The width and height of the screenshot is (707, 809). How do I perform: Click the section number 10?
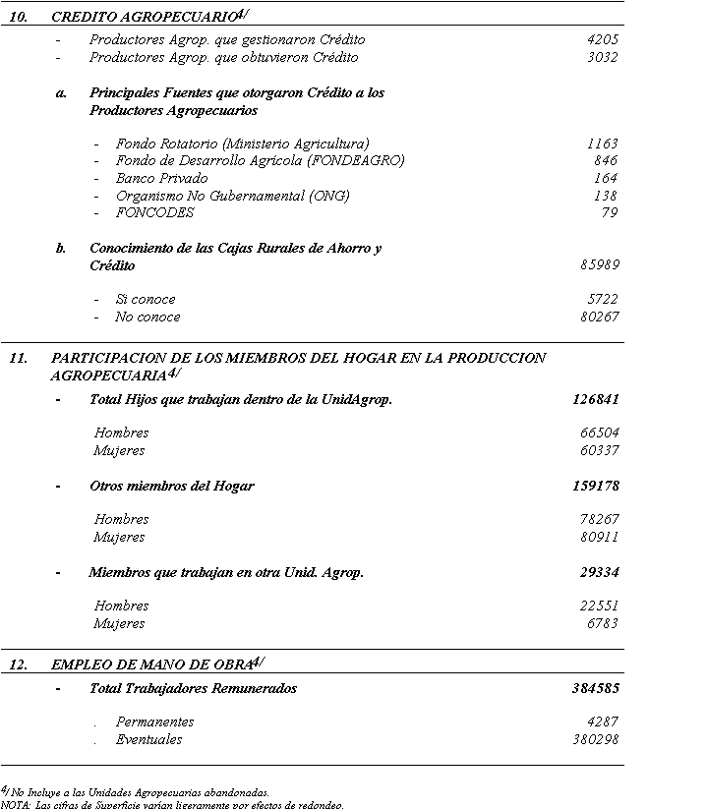(x=18, y=17)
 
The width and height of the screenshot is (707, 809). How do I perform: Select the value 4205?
(x=602, y=40)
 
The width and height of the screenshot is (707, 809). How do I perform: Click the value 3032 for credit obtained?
(x=602, y=58)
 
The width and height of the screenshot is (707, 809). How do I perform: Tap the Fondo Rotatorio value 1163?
(x=602, y=144)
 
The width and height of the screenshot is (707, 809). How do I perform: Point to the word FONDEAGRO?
(x=355, y=161)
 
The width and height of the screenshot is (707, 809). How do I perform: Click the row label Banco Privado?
(x=161, y=179)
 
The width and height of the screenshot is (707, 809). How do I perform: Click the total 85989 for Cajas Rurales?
(x=599, y=265)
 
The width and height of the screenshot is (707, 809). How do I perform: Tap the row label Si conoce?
(x=146, y=300)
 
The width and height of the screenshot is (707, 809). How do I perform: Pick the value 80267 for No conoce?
(x=599, y=318)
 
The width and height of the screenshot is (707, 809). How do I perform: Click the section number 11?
(x=18, y=359)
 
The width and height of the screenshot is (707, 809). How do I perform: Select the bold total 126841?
(x=595, y=400)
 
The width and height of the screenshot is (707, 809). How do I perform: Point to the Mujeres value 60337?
(x=599, y=451)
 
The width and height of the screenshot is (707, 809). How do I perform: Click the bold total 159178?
(x=595, y=487)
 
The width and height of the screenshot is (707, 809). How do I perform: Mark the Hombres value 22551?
(x=599, y=607)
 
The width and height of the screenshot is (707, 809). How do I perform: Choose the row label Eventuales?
(x=148, y=740)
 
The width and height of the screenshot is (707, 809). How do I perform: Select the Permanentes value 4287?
(x=602, y=722)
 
